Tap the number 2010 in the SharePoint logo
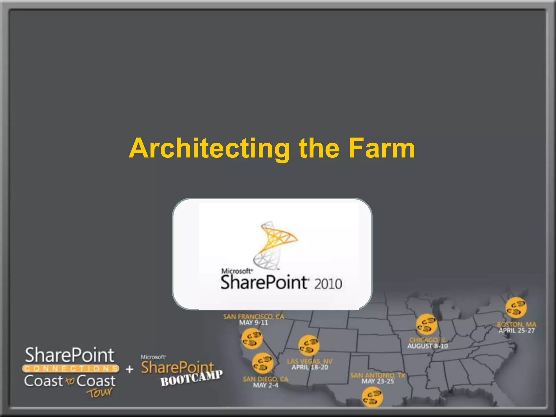328,284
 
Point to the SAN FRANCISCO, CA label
253,317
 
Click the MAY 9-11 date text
253,323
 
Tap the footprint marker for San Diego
262,363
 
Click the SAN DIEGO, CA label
265,379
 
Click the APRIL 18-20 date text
310,368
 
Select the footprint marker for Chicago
426,324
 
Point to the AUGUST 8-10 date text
428,346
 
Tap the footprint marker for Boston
516,308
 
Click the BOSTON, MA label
516,324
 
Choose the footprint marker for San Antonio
372,397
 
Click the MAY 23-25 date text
378,381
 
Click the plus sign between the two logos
130,369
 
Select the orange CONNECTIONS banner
71,368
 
